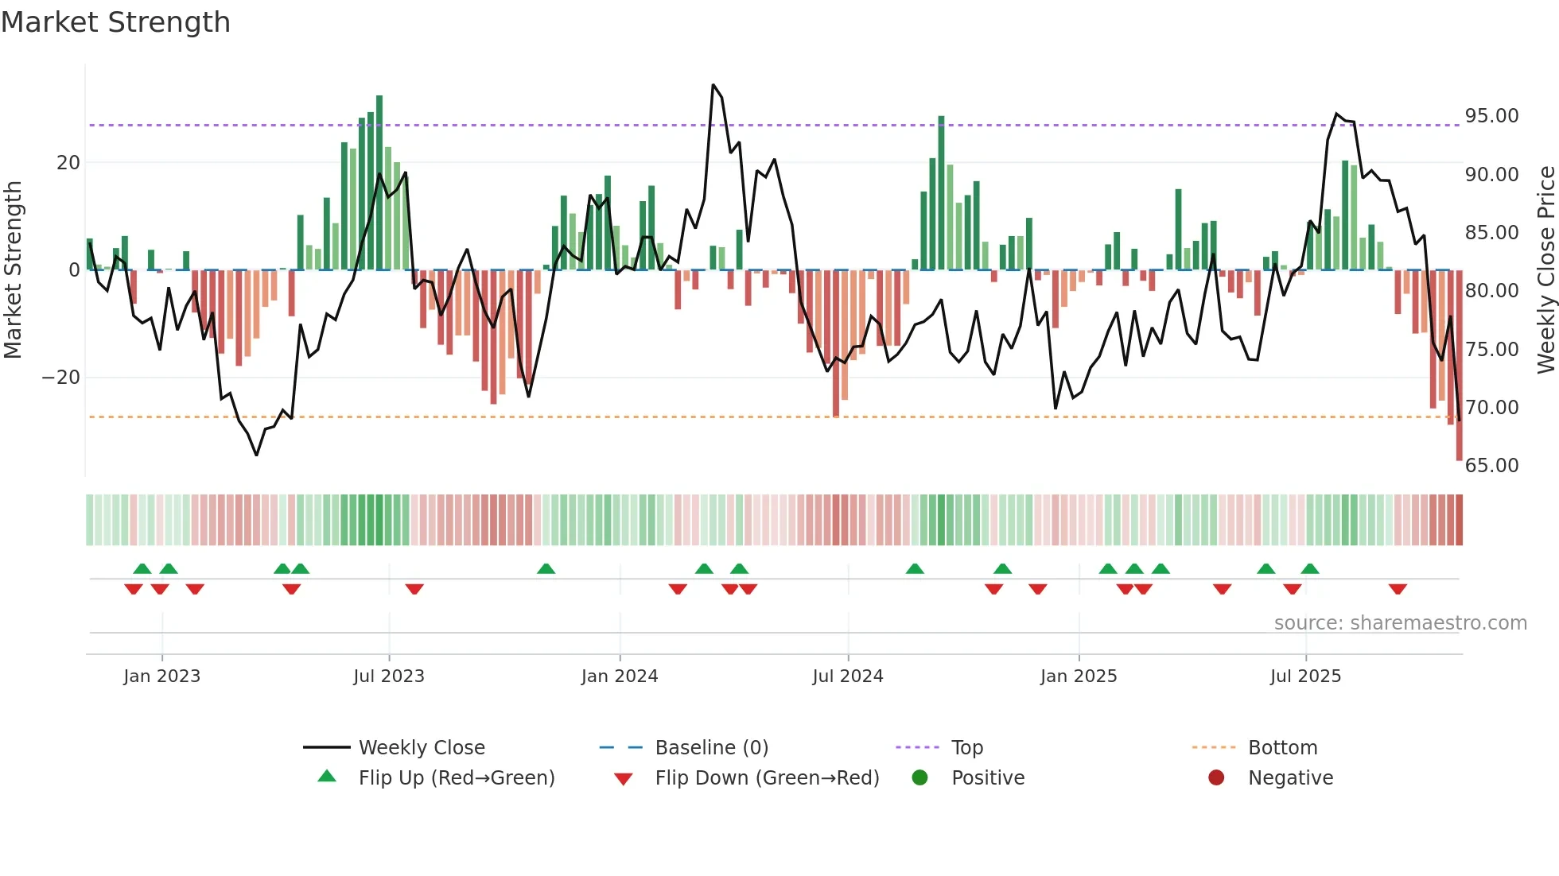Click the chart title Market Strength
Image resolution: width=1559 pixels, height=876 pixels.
[116, 22]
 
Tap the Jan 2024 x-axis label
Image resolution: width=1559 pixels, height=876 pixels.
[620, 676]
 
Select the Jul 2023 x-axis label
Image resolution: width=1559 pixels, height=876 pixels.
[389, 676]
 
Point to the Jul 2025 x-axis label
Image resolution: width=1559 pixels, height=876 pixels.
[1305, 676]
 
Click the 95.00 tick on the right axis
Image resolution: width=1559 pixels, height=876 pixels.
[1491, 116]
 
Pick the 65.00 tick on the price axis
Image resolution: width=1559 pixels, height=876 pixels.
[1491, 466]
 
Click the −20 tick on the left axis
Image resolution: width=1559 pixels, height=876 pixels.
[61, 378]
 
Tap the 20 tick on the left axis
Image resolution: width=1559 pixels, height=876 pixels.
[68, 163]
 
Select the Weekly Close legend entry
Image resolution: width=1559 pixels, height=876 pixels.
[421, 748]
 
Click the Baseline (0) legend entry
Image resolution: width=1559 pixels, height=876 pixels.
[711, 748]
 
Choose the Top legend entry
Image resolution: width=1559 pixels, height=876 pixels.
[966, 748]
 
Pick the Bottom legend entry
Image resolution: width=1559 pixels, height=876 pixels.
[1282, 748]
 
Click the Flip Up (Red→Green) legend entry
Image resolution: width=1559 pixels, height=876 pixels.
[456, 778]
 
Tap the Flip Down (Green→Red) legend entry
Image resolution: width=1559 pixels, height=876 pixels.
[767, 778]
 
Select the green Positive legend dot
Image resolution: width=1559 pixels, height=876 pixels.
[920, 778]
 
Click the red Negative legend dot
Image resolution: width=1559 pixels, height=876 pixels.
[1216, 778]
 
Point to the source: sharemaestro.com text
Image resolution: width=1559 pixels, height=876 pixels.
[1400, 623]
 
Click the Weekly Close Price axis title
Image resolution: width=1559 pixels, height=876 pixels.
[1545, 270]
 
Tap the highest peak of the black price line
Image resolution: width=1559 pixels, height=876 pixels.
[713, 85]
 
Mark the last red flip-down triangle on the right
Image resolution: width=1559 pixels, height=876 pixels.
[1398, 589]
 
